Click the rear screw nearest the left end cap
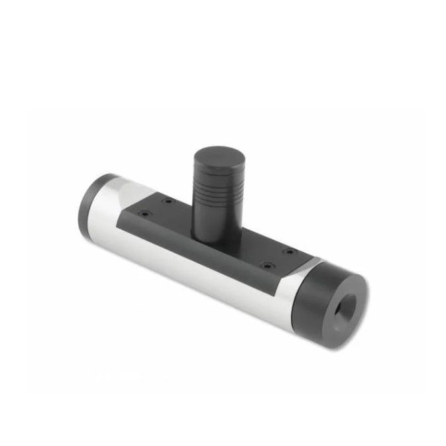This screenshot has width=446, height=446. (x=168, y=201)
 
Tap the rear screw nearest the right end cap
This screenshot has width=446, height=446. (x=289, y=251)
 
